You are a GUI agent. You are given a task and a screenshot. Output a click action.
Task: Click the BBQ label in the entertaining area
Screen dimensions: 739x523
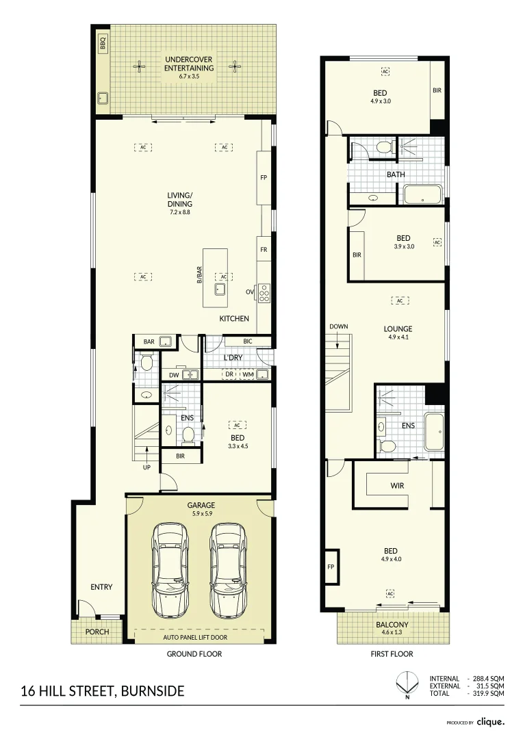[x=103, y=44]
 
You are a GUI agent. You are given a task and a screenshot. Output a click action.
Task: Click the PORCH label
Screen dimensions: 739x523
[x=97, y=632]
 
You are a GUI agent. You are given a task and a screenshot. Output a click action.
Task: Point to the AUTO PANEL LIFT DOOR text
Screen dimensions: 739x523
[x=194, y=637]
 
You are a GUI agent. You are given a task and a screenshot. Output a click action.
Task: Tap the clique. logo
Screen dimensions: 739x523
[x=491, y=721]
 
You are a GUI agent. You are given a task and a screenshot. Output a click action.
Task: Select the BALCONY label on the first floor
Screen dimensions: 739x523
[x=392, y=625]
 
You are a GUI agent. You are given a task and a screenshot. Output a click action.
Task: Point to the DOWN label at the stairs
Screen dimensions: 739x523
[x=338, y=326]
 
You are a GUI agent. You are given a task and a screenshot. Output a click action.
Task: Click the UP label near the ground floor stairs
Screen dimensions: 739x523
[x=146, y=468]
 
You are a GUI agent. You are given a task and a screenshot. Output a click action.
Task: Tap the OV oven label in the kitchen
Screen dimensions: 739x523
[x=250, y=292]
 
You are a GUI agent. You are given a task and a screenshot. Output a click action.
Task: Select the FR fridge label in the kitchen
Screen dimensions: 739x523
[x=264, y=250]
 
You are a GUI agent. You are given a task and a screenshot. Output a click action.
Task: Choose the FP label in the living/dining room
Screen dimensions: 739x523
[x=264, y=178]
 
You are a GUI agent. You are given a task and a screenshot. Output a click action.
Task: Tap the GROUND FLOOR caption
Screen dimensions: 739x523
[x=194, y=654]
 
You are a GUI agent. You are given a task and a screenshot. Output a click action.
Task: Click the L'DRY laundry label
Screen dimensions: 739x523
[x=233, y=358]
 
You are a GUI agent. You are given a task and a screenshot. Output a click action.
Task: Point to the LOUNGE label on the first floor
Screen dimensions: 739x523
[x=398, y=328]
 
